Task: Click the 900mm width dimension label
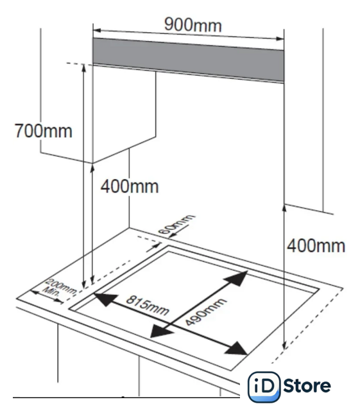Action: pyautogui.click(x=193, y=25)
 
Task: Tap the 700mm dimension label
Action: pyautogui.click(x=43, y=131)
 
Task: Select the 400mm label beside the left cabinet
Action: pyautogui.click(x=130, y=186)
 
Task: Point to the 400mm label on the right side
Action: pyautogui.click(x=316, y=246)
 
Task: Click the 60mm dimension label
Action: pyautogui.click(x=176, y=224)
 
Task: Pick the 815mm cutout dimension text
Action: pyautogui.click(x=148, y=306)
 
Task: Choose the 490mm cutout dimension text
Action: pyautogui.click(x=205, y=312)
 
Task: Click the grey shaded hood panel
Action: pyautogui.click(x=188, y=60)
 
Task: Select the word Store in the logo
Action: pyautogui.click(x=307, y=385)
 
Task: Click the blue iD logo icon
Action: pyautogui.click(x=264, y=387)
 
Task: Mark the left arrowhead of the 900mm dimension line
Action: pyautogui.click(x=97, y=30)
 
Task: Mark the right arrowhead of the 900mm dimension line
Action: pyautogui.click(x=280, y=39)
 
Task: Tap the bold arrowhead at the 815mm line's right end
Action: pyautogui.click(x=236, y=349)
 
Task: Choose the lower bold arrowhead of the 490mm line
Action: pyautogui.click(x=161, y=331)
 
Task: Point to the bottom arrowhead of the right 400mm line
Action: pyautogui.click(x=284, y=345)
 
